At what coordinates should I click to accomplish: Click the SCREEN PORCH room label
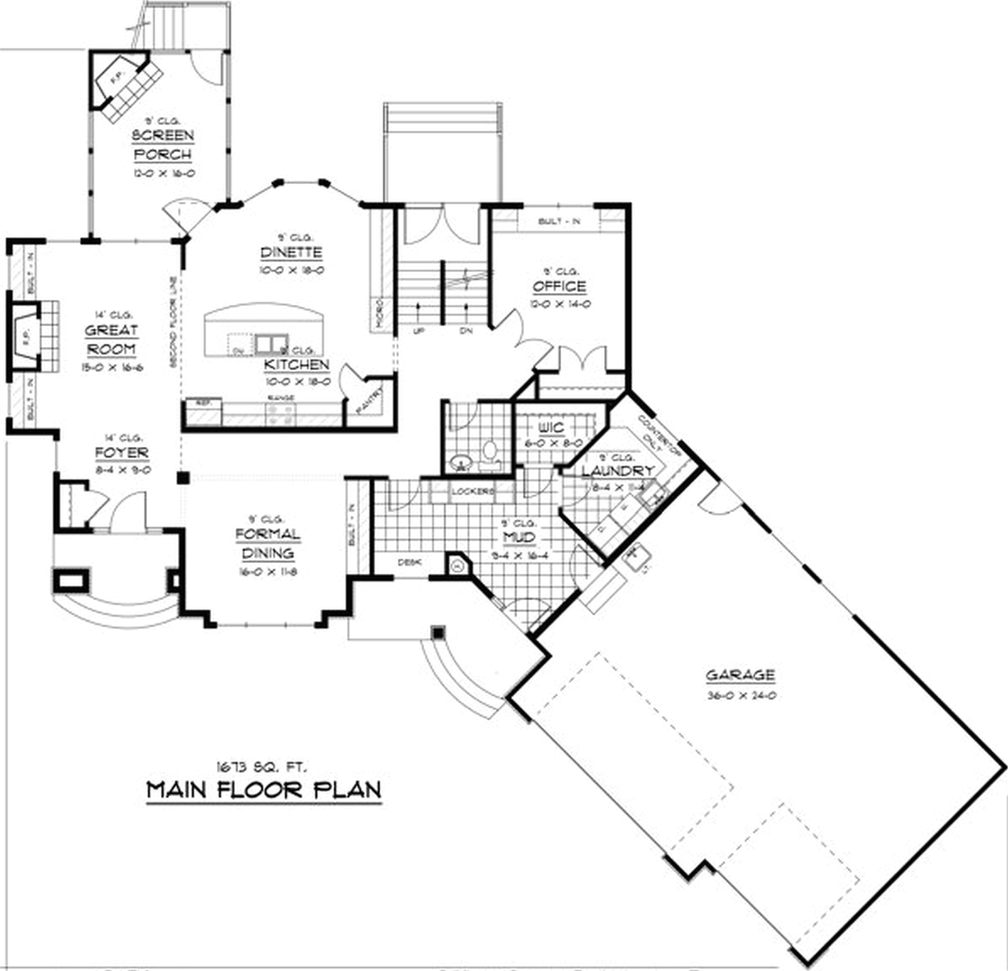(163, 145)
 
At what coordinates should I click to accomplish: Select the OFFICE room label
(559, 287)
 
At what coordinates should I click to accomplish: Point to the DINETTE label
(291, 252)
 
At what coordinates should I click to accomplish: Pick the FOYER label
(122, 453)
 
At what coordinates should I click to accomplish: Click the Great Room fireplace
(26, 337)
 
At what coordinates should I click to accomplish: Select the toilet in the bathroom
(489, 453)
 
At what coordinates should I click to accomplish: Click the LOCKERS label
(473, 491)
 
